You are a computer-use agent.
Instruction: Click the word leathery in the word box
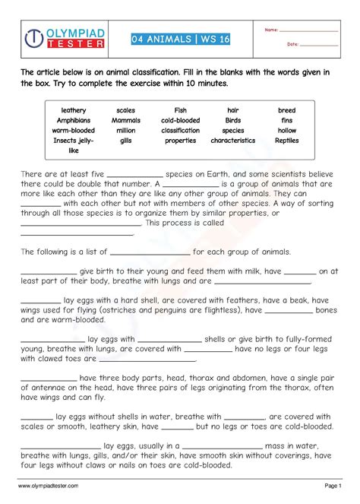point(74,110)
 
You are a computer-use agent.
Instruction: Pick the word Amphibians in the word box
point(74,120)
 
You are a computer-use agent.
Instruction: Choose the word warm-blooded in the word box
point(74,130)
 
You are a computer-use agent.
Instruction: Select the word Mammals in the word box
point(126,120)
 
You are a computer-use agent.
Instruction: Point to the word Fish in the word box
point(180,110)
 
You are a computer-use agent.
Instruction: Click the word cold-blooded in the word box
point(180,120)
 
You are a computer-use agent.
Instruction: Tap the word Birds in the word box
point(233,120)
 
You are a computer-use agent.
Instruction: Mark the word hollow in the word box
point(286,130)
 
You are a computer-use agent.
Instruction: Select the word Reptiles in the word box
point(286,140)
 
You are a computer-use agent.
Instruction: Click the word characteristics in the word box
point(233,140)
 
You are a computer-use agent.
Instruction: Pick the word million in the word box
point(126,130)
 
